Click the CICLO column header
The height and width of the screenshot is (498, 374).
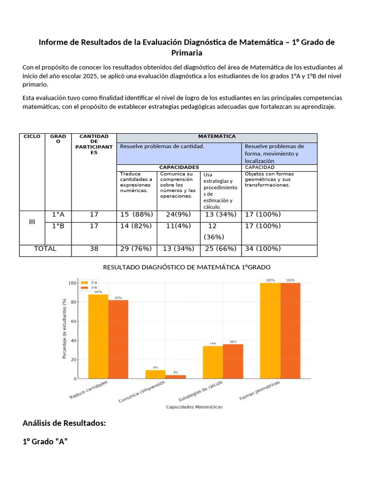point(32,137)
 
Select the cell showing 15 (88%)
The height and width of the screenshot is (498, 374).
point(136,214)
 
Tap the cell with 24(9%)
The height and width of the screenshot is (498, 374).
point(178,214)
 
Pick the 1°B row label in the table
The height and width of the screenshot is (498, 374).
point(58,226)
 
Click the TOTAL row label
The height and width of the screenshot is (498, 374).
point(45,249)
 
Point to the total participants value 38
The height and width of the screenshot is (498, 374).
point(94,249)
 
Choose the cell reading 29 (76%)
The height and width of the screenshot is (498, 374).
point(136,249)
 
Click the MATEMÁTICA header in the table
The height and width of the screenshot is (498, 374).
point(217,137)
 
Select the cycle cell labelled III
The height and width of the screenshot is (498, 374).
point(32,222)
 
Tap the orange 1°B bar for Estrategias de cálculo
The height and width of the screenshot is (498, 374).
point(233,361)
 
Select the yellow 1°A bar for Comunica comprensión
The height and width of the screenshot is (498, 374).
point(155,374)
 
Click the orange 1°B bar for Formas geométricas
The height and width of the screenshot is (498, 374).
point(290,331)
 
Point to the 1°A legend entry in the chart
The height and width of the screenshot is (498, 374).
point(90,283)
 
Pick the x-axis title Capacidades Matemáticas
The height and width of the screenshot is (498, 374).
point(194,407)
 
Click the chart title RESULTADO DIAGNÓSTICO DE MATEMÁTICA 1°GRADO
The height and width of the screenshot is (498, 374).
point(187,267)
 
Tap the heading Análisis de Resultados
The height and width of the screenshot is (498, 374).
point(64,423)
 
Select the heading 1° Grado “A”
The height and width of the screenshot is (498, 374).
point(44,442)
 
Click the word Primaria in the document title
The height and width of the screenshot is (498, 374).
point(187,53)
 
